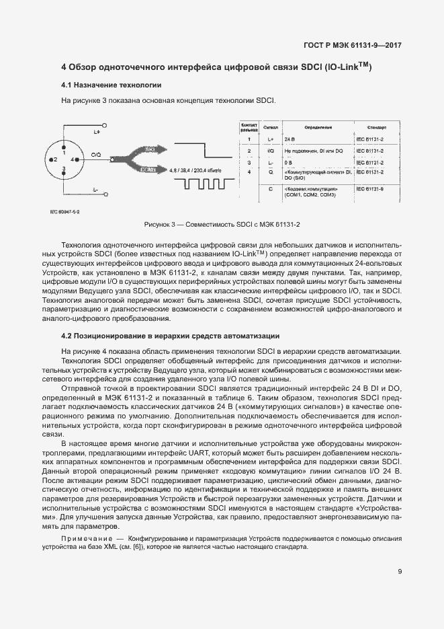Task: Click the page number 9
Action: point(400,572)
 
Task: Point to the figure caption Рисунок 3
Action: point(222,223)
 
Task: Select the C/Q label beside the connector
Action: point(96,155)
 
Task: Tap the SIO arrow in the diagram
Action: point(152,149)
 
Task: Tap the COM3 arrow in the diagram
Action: point(152,170)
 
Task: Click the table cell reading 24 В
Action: point(290,139)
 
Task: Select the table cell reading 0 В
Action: point(288,162)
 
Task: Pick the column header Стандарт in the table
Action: point(376,126)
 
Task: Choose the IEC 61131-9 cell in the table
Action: point(369,189)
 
